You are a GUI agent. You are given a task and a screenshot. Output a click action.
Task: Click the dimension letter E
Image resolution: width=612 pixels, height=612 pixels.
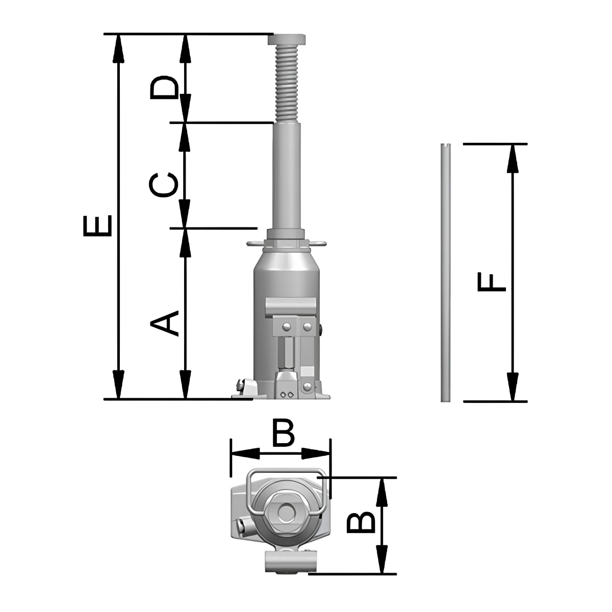coord(97,226)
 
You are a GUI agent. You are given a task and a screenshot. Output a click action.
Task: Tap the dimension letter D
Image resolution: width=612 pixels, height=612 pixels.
coord(164,87)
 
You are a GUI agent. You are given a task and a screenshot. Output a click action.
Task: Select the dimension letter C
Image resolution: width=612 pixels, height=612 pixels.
coord(163,185)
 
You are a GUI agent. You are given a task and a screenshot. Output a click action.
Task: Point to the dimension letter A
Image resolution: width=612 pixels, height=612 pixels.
coord(164,323)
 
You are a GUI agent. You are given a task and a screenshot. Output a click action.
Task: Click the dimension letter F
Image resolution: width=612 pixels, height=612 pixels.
coord(492,283)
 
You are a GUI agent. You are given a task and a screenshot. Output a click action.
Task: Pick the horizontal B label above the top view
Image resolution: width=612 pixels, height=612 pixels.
coord(284,433)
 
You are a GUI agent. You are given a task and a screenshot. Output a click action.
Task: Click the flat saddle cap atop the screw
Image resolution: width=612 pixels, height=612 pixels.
coord(287,39)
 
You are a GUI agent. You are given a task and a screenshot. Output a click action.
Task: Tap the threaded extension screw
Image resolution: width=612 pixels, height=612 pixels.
coord(287,84)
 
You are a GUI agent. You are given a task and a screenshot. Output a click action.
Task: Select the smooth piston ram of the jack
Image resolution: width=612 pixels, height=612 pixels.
coord(287,176)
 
